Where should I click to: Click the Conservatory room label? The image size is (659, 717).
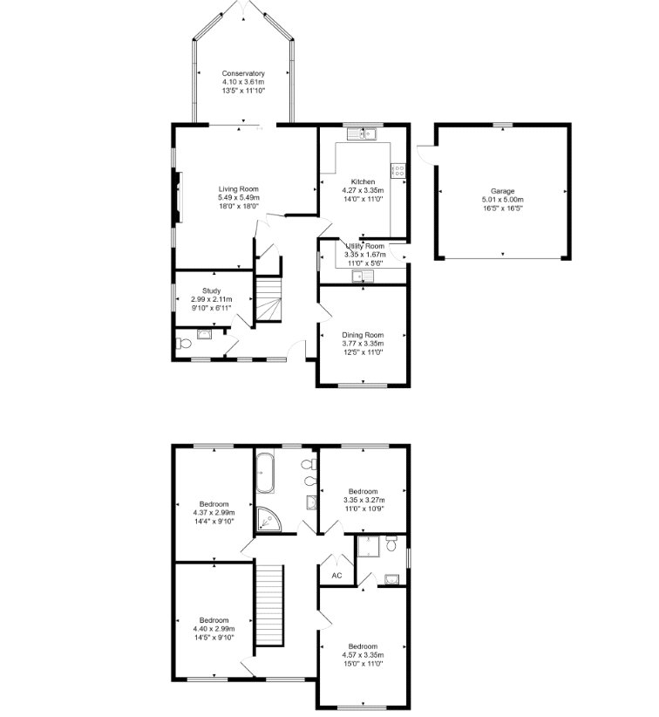(x=243, y=73)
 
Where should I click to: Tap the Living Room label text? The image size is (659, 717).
(x=238, y=189)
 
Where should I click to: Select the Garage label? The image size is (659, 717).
(x=502, y=191)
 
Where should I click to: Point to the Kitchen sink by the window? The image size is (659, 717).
(x=363, y=133)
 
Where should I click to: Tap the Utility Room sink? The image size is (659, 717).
(x=359, y=277)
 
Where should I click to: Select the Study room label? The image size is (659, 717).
(x=212, y=291)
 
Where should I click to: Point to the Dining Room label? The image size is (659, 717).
(x=363, y=335)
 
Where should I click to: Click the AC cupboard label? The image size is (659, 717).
(x=336, y=576)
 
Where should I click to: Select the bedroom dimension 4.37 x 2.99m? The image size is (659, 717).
(x=214, y=513)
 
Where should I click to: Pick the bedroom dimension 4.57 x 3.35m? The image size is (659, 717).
(x=362, y=655)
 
